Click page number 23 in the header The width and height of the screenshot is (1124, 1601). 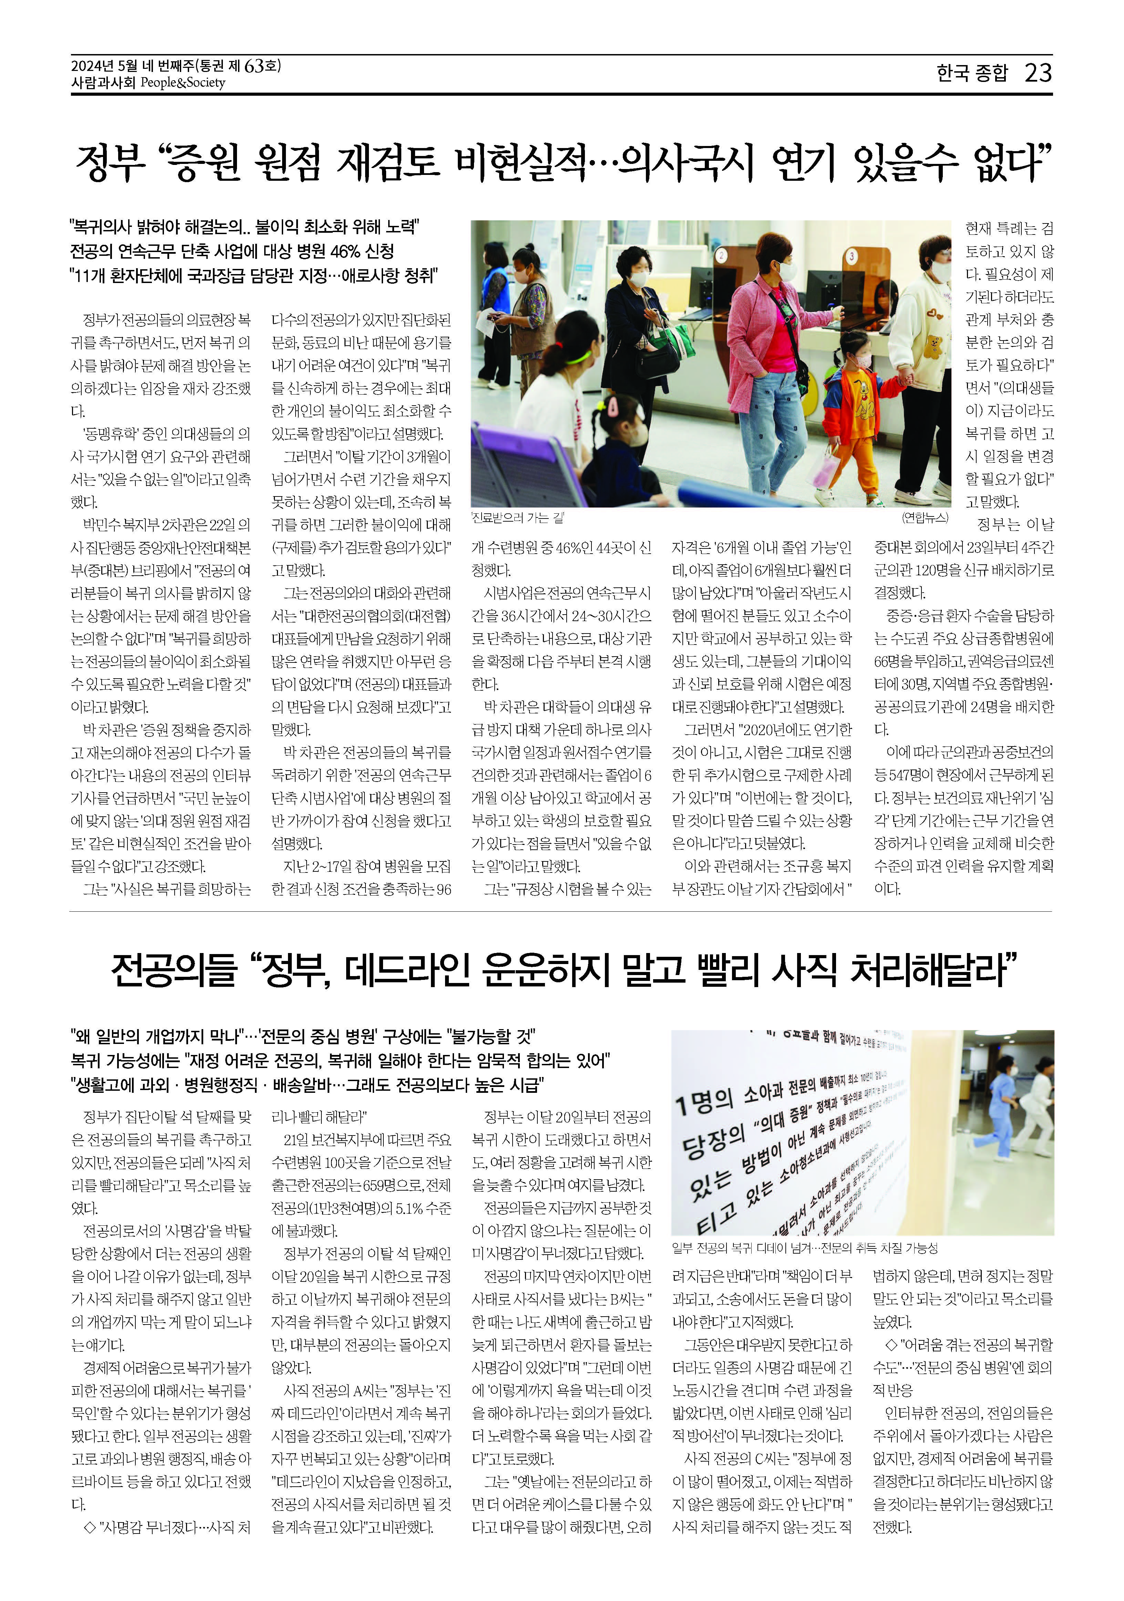(1038, 73)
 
